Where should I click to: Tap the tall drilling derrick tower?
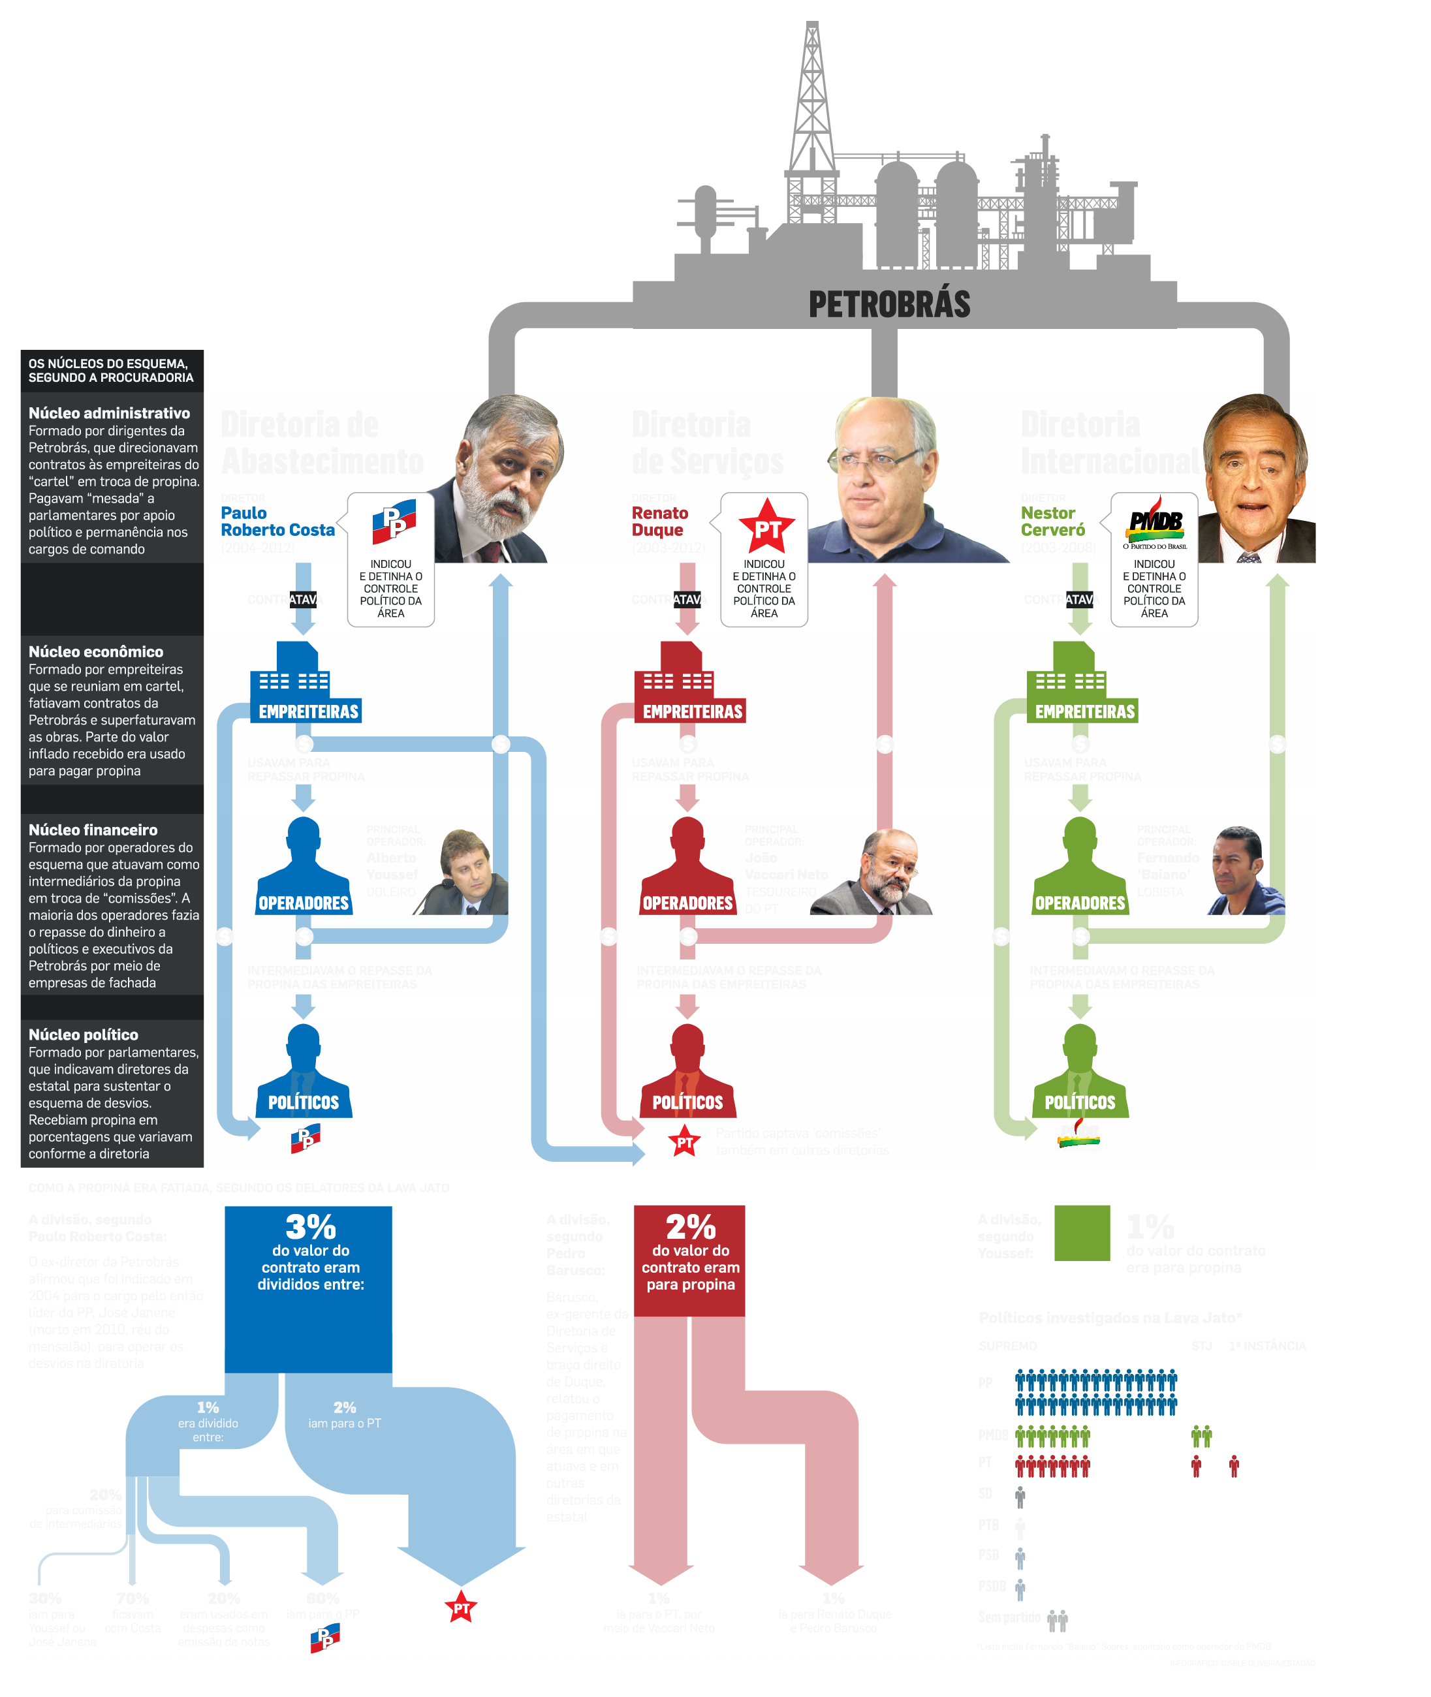pos(811,106)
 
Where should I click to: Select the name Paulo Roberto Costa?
pos(277,522)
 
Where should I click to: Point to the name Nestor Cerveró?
pos(1052,522)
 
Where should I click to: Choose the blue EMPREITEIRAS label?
pos(308,711)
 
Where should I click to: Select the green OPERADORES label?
pos(1080,903)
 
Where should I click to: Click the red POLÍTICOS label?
pos(687,1102)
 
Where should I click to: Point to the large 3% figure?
pos(310,1226)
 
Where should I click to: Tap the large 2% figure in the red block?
pos(690,1226)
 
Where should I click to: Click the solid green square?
pos(1081,1232)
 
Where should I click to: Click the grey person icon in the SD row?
pos(1020,1495)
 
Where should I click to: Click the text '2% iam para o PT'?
pos(345,1414)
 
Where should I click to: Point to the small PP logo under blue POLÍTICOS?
pos(306,1138)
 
